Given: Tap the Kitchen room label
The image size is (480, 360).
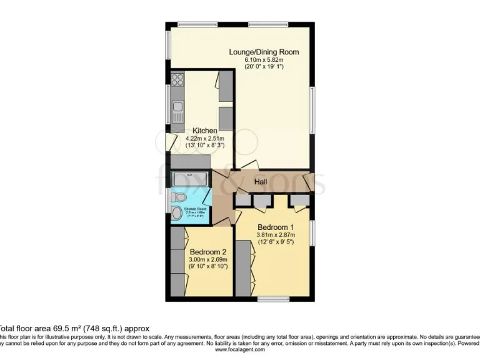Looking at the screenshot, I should coord(204,131).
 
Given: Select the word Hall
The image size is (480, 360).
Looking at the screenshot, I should coord(262,181).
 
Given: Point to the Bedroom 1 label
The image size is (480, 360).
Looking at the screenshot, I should coord(275,227).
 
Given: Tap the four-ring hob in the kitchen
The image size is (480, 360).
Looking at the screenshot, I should coord(177,80).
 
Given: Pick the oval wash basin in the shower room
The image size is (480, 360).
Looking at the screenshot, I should coord(177,214).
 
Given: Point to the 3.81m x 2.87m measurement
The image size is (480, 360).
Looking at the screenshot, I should coord(275,235).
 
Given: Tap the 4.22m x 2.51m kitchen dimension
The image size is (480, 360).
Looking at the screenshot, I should coord(204,138).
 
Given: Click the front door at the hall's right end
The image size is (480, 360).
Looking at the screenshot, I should coord(308,182).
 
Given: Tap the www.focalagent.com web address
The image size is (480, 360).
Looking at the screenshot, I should coord(240,350).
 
